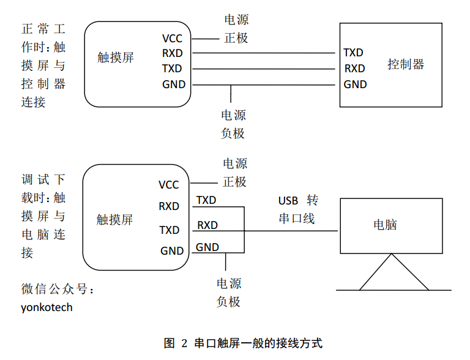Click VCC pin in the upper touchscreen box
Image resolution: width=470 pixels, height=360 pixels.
tap(173, 39)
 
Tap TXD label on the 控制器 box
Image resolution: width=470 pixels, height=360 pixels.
tap(354, 53)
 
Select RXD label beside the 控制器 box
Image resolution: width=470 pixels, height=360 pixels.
tap(354, 69)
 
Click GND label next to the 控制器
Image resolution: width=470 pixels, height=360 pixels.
tap(355, 84)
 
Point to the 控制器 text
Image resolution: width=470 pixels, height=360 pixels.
tap(405, 64)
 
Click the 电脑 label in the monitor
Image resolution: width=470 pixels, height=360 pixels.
tap(385, 225)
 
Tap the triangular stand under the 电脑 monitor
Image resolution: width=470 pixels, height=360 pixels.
tap(393, 274)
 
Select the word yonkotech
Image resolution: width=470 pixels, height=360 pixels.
tap(47, 307)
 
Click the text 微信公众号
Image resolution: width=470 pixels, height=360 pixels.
tap(58, 289)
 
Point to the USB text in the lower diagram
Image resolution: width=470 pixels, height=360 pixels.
tap(288, 201)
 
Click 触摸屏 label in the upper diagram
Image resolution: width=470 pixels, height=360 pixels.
tap(116, 58)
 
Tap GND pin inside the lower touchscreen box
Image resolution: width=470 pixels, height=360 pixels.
tap(172, 251)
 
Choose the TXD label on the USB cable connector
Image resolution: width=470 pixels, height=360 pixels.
tap(206, 200)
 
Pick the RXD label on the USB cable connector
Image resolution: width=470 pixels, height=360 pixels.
tap(207, 225)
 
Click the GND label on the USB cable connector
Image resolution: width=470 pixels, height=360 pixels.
tap(207, 247)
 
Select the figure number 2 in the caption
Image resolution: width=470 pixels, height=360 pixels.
tap(184, 343)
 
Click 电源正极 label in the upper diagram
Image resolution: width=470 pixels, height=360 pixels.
tap(236, 29)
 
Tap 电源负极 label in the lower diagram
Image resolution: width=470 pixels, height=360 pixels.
tap(229, 293)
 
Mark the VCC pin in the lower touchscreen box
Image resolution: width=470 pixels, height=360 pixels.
tap(169, 185)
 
